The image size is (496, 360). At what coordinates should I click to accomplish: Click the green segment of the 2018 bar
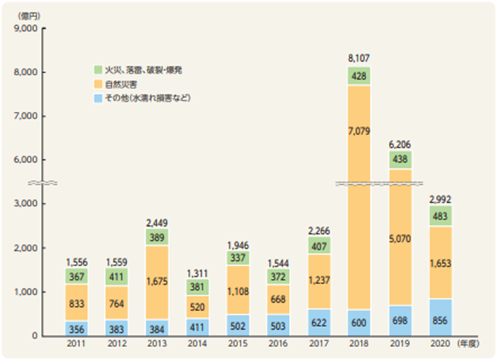coord(359,76)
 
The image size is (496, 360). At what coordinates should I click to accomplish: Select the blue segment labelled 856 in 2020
coord(440,318)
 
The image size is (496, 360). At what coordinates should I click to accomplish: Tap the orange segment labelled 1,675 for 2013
coord(157,283)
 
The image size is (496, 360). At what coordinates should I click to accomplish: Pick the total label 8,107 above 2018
coord(359,58)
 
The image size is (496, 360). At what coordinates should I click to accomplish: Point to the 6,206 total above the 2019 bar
coord(400,145)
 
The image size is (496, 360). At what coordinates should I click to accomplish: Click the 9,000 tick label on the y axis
coord(25,29)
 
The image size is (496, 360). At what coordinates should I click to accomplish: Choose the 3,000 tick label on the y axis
coord(25,203)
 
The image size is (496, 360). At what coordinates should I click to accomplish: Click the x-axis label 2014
coord(197,344)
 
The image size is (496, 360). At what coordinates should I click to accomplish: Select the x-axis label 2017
coord(319,344)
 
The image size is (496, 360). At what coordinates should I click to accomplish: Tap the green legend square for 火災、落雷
coord(98,70)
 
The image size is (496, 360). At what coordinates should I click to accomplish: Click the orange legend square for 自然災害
coord(98,85)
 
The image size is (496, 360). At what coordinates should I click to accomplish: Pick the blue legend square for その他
coord(98,98)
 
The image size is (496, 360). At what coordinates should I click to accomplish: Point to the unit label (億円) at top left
coord(29,16)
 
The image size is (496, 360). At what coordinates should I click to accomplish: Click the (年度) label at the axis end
coord(468,344)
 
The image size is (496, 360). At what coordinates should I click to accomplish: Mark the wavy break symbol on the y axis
coord(42,183)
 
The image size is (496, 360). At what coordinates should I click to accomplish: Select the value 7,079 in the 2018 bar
coord(359,131)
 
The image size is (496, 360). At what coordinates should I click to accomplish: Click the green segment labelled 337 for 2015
coord(238,258)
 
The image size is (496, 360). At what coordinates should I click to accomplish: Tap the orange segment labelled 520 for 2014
coord(197,307)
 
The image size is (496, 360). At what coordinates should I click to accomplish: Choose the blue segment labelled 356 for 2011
coord(76,328)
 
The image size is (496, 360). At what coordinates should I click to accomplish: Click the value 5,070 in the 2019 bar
coord(400,239)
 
